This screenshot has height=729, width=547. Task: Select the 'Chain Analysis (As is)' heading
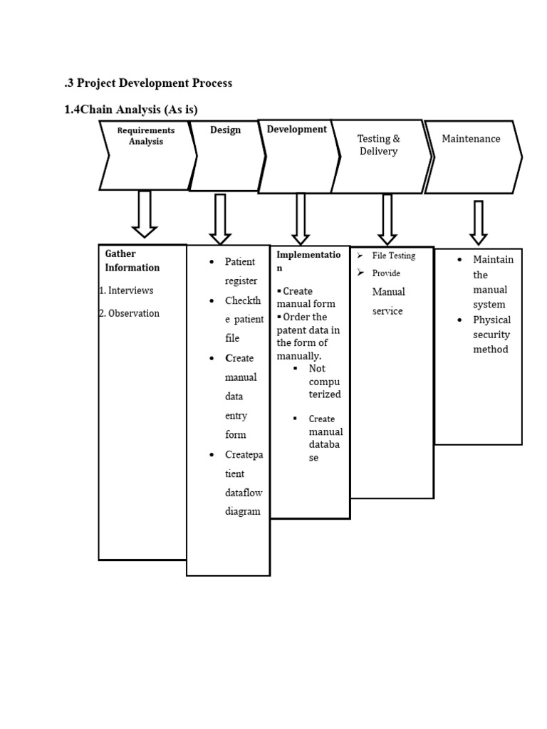130,109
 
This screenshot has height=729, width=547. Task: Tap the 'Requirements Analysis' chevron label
146,136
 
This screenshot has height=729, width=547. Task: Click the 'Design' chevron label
225,130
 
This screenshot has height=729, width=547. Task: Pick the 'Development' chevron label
296,129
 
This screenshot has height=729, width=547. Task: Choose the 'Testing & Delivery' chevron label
378,145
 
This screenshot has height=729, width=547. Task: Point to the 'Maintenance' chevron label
471,139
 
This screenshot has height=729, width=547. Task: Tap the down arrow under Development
301,219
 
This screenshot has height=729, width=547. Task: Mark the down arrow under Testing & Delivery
387,219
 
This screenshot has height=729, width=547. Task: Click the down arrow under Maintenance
479,222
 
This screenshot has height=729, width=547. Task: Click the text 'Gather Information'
132,261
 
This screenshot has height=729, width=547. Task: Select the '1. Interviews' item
126,290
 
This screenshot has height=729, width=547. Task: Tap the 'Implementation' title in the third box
308,261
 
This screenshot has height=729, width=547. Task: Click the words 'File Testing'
393,256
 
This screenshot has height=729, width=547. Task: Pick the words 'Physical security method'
491,335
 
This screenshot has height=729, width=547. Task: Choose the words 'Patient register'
240,271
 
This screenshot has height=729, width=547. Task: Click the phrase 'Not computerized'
324,382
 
